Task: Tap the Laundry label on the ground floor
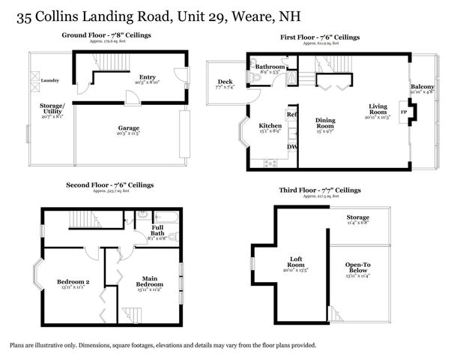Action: [x=50, y=79]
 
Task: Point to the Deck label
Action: [x=225, y=82]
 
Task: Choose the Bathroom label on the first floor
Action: [x=269, y=67]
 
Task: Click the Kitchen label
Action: [x=270, y=125]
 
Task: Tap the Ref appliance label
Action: [x=292, y=115]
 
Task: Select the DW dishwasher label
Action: [x=292, y=146]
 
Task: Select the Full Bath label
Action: [x=157, y=231]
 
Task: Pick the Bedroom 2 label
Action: [x=73, y=282]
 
